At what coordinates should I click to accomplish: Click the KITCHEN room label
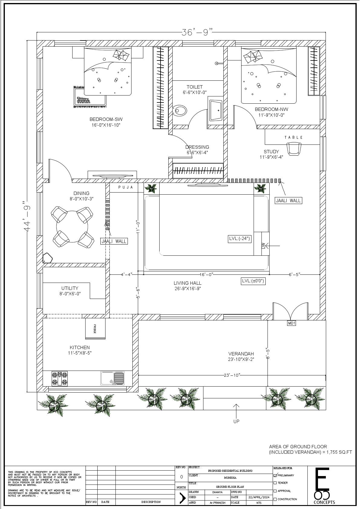(80, 348)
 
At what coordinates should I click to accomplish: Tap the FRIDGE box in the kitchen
(95, 329)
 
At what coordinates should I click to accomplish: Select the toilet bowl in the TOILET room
(180, 111)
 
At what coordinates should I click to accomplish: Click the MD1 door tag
(291, 323)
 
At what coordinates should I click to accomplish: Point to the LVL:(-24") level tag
(240, 239)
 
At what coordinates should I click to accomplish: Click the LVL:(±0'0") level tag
(253, 281)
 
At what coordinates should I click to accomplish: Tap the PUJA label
(126, 187)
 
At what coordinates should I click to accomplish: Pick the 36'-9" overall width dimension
(197, 32)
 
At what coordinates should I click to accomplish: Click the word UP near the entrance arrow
(236, 421)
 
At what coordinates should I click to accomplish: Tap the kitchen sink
(112, 378)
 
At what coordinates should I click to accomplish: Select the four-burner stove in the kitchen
(60, 379)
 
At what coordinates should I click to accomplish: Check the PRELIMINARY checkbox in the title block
(275, 475)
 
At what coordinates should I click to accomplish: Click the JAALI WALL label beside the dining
(114, 241)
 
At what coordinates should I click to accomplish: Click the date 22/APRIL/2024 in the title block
(258, 497)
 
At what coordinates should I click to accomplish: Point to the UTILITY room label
(70, 288)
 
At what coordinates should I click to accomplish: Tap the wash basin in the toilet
(216, 110)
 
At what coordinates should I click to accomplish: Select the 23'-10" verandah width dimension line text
(232, 375)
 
